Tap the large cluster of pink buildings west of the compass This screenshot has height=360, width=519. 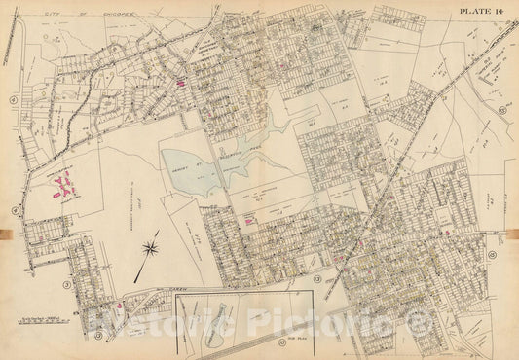(x=64, y=185)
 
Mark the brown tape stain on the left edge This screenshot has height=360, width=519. (x=6, y=233)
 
